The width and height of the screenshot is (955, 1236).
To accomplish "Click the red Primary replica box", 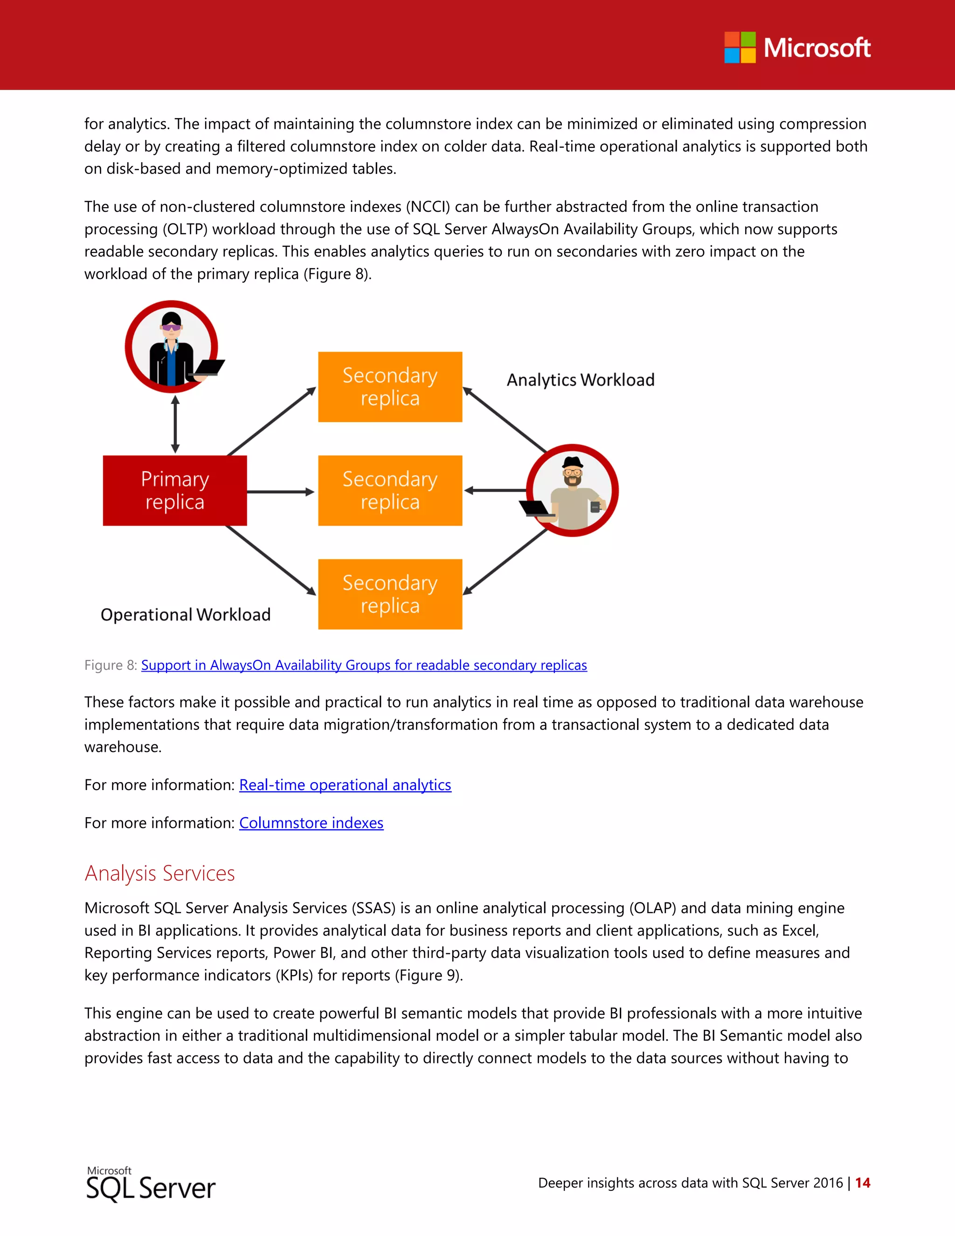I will tap(175, 491).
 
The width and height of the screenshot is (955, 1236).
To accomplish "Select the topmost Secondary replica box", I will tap(390, 387).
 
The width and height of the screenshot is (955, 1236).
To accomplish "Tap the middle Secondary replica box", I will tap(390, 491).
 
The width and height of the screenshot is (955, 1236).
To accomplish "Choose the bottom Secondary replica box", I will tap(390, 594).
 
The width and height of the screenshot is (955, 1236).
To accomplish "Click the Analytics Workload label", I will tap(581, 380).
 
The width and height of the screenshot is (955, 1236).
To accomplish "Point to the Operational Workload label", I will tap(186, 615).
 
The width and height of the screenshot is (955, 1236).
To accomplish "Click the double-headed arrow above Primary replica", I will tap(175, 424).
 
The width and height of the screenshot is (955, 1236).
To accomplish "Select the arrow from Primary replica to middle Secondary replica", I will tap(280, 492).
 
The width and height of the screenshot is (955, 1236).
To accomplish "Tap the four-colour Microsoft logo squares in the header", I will tap(740, 48).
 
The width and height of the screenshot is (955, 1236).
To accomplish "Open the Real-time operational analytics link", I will tap(345, 785).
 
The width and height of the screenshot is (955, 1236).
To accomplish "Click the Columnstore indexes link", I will tap(311, 823).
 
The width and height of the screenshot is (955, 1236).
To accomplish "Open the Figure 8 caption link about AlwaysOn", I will tap(364, 665).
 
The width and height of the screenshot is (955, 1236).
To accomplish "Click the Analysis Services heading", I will tap(159, 873).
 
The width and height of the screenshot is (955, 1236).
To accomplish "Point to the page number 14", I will tap(862, 1183).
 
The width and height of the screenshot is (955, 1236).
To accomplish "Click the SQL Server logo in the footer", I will tap(151, 1186).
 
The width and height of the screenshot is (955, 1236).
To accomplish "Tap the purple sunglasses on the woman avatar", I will tap(172, 327).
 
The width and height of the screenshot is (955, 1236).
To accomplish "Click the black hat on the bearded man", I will tap(573, 461).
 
